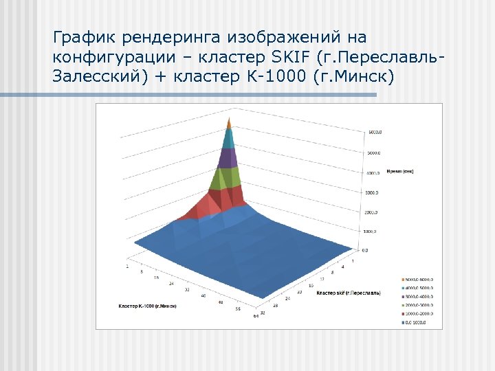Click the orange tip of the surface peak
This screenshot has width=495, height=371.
(230, 123)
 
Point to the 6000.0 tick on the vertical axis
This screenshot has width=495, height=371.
(375, 132)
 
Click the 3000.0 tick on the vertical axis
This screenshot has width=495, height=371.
(372, 192)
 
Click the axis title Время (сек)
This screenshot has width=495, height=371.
(399, 171)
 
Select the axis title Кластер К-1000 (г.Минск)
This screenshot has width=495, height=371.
(147, 305)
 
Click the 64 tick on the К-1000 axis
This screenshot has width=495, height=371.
(255, 316)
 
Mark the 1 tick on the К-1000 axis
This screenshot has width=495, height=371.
(126, 265)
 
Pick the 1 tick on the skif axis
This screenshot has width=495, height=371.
(353, 261)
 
